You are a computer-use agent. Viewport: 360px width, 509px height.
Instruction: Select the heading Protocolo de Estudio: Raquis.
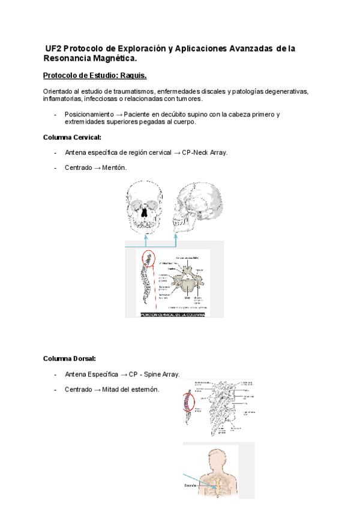pos(95,76)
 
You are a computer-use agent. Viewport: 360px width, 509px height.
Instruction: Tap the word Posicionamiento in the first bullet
pos(88,114)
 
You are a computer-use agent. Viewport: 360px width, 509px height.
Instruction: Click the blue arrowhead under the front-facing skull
pos(146,238)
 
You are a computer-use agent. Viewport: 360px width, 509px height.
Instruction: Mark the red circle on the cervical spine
pos(148,259)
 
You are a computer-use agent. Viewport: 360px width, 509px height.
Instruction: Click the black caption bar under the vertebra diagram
pos(173,315)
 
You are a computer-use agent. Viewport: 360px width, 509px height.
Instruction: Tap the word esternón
pos(146,390)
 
